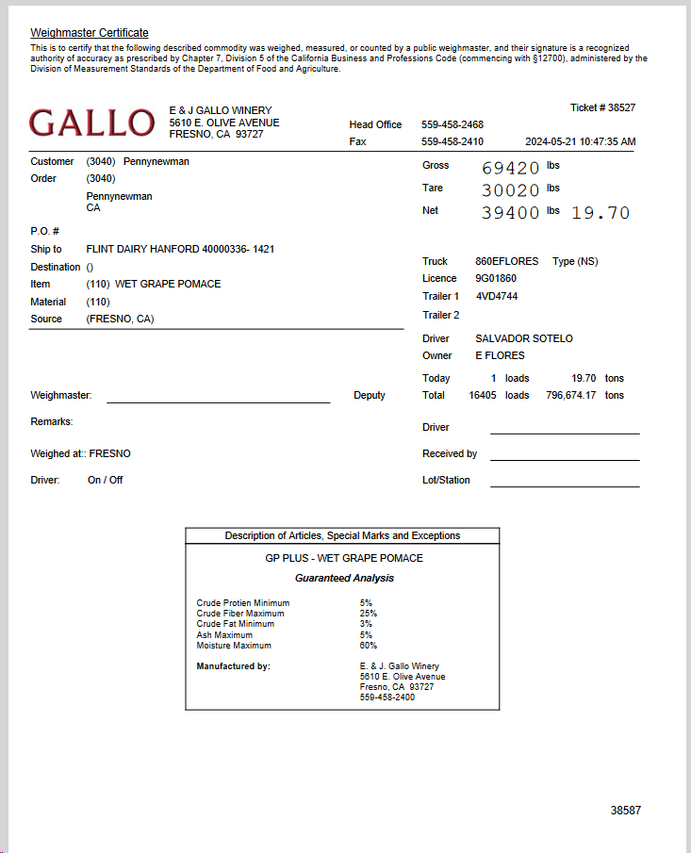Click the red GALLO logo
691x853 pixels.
(91, 123)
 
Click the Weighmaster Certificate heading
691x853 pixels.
(90, 33)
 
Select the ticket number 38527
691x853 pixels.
(619, 107)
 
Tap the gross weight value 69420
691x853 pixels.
(510, 169)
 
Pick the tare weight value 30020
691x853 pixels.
(510, 190)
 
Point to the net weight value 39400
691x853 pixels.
(510, 213)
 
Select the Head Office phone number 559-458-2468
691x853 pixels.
(452, 124)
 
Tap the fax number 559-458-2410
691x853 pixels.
(452, 142)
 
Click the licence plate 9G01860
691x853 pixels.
(496, 279)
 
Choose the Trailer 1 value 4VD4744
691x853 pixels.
(497, 297)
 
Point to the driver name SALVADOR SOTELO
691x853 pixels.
(524, 338)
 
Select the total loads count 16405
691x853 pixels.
(483, 396)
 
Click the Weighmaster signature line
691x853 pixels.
(218, 401)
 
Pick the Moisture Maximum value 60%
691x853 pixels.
(368, 646)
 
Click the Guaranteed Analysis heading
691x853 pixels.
(344, 578)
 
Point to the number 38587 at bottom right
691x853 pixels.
(625, 811)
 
